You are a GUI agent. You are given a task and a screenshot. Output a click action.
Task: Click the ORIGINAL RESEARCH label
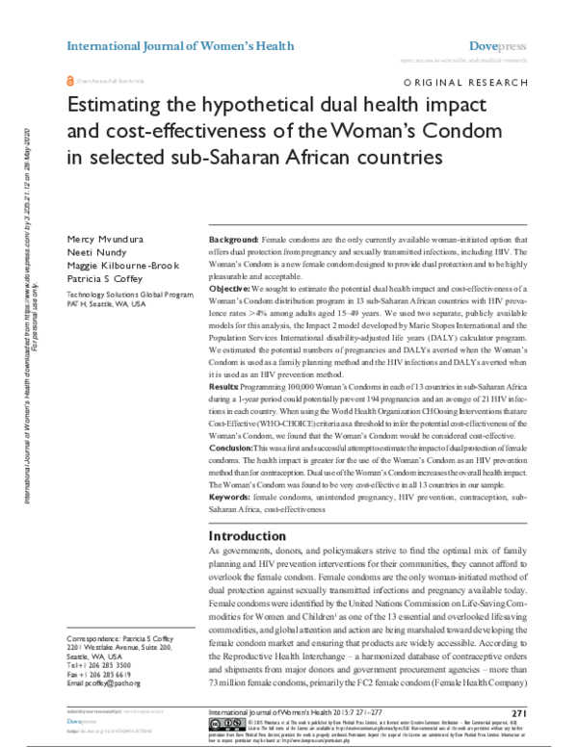[472, 84]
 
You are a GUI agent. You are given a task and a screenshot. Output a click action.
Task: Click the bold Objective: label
[230, 289]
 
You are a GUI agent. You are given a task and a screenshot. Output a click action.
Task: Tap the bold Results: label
[225, 383]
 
